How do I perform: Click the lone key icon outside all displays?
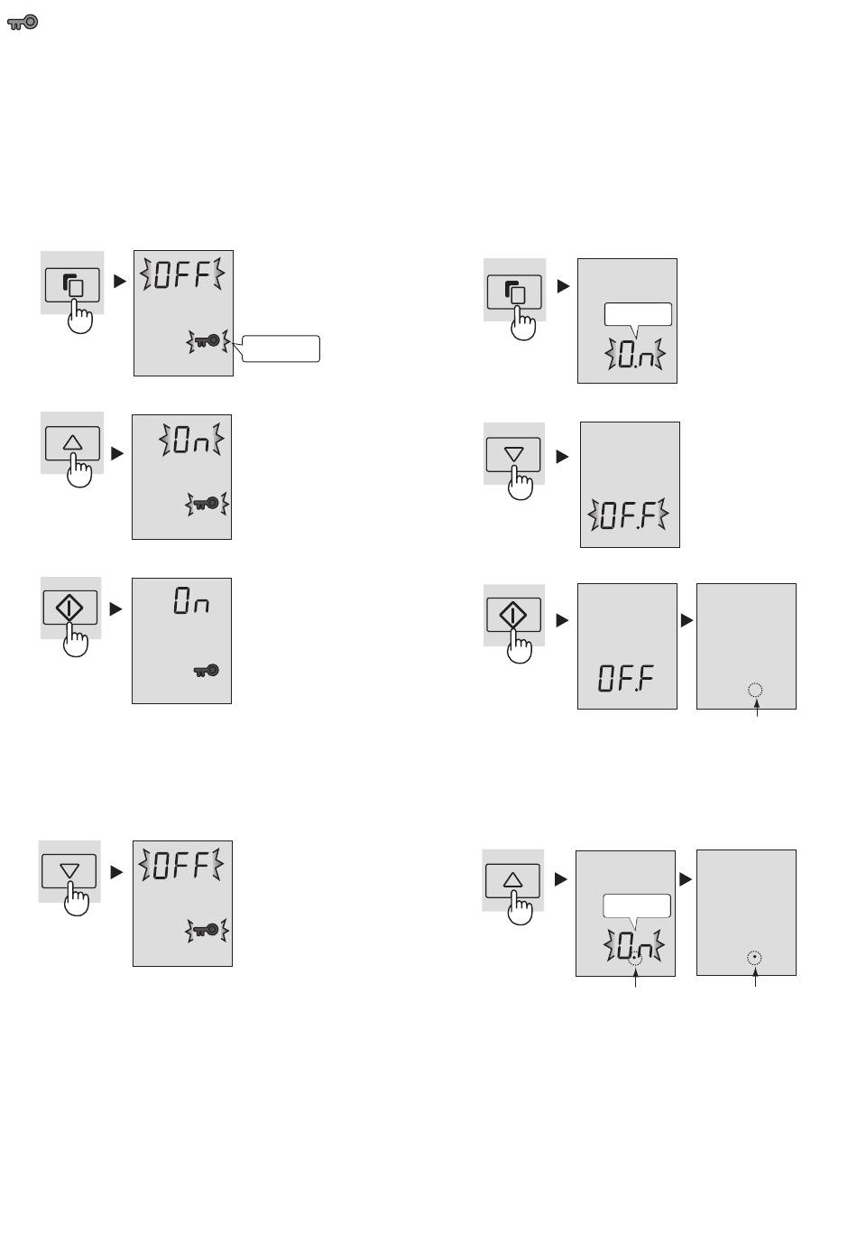[x=23, y=23]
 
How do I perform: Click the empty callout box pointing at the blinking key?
[x=281, y=348]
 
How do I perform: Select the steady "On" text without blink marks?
[x=191, y=601]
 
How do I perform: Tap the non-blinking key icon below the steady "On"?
[x=206, y=671]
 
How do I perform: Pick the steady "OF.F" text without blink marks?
[x=625, y=678]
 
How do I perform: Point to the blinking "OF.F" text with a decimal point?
[x=628, y=515]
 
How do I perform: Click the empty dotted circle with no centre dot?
[x=755, y=690]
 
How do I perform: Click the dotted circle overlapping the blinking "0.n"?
[x=634, y=958]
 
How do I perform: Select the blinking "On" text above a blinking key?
[x=191, y=440]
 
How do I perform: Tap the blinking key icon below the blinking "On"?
[x=207, y=504]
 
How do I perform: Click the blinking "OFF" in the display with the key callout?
[x=182, y=274]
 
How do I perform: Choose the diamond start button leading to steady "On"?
[x=70, y=607]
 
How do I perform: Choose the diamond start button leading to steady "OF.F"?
[x=513, y=615]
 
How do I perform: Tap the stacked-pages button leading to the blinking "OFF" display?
[x=72, y=285]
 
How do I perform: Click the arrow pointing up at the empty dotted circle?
[x=757, y=708]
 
